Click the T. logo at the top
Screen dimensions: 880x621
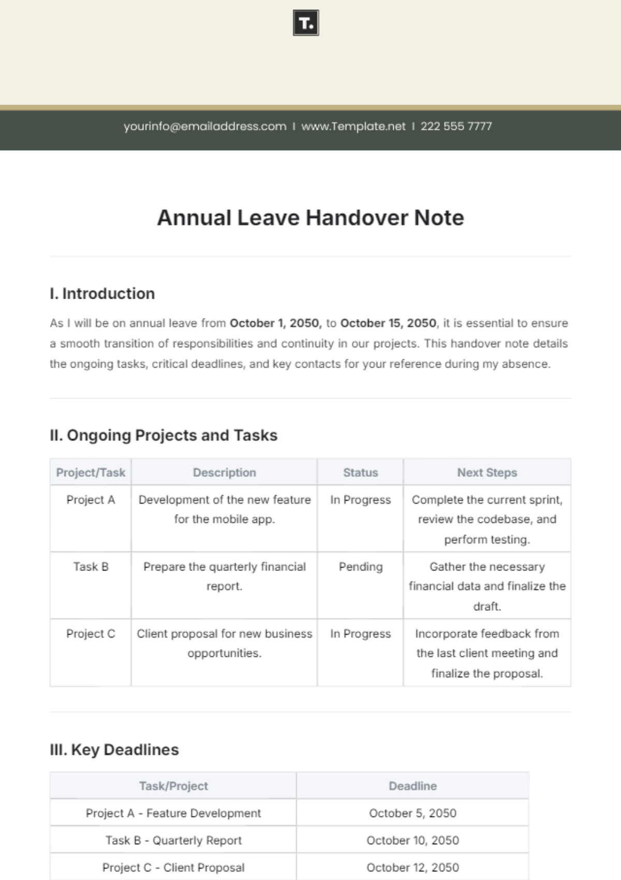(x=306, y=23)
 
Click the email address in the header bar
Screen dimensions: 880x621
(x=205, y=126)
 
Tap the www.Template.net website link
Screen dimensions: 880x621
(x=353, y=126)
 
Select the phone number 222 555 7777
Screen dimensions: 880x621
(x=456, y=126)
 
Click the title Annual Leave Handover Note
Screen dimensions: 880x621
(x=310, y=218)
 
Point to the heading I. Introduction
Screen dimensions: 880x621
(x=102, y=294)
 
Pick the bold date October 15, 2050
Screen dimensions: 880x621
(x=388, y=323)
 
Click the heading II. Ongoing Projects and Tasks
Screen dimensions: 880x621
(x=164, y=435)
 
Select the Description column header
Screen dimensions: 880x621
(x=224, y=472)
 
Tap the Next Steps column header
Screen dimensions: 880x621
(x=487, y=472)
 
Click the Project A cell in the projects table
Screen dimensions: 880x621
(x=91, y=500)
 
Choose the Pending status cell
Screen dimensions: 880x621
(x=361, y=567)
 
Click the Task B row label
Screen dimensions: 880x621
(x=91, y=567)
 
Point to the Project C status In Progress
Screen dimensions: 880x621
(x=361, y=634)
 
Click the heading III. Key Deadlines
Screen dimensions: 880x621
(x=114, y=750)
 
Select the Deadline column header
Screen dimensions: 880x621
(x=412, y=786)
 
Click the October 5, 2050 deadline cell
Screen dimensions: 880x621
(x=412, y=813)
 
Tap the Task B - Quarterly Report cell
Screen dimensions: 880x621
(x=173, y=841)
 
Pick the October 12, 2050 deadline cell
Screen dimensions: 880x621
(x=412, y=868)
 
